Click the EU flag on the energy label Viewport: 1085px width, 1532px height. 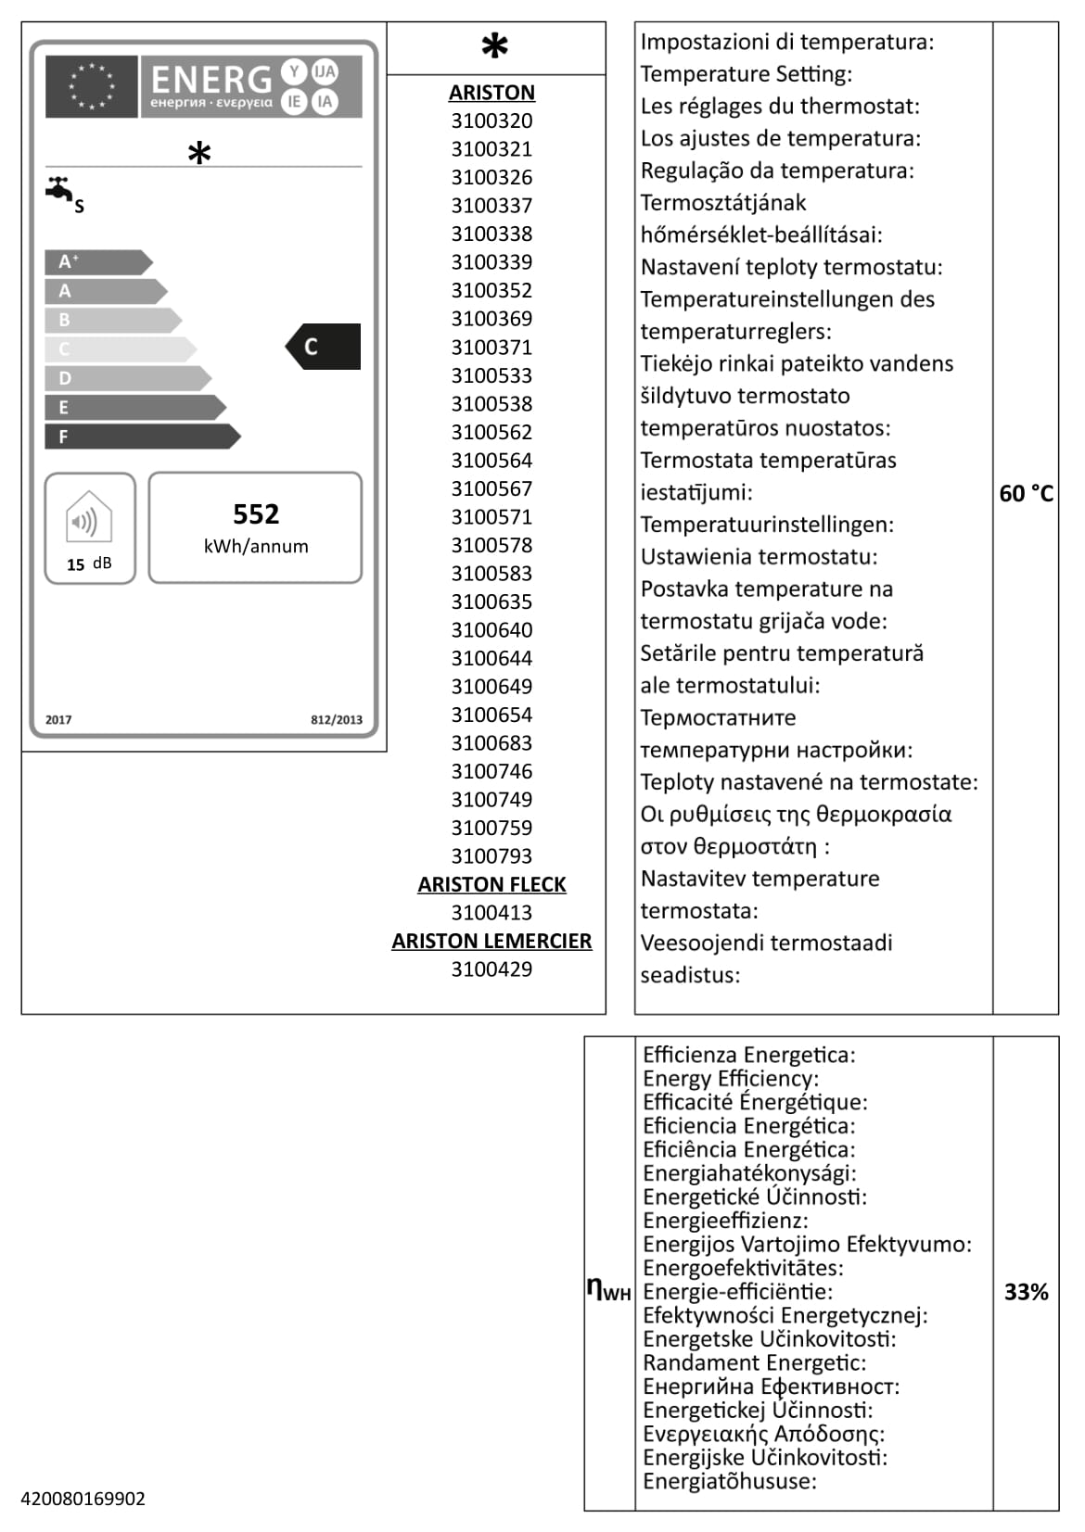coord(91,86)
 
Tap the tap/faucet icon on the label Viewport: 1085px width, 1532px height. coord(60,189)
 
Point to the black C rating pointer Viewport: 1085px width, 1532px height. coord(323,347)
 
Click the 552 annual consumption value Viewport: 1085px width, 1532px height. coord(256,514)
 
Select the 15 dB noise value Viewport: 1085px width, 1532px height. coord(89,563)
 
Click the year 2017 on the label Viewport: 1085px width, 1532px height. coord(58,719)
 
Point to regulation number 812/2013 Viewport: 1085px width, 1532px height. coord(336,719)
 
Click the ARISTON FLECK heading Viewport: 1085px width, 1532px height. coord(491,884)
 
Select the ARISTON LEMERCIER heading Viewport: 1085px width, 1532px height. coord(491,941)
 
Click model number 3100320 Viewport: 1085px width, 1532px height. coord(491,120)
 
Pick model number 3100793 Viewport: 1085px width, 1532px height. coord(491,855)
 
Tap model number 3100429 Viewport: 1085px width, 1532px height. coord(491,969)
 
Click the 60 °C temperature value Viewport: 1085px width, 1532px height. coord(1026,494)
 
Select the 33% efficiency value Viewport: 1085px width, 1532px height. coord(1026,1291)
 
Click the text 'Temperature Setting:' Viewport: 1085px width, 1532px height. coord(746,73)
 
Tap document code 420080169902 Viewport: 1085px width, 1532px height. coord(83,1499)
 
